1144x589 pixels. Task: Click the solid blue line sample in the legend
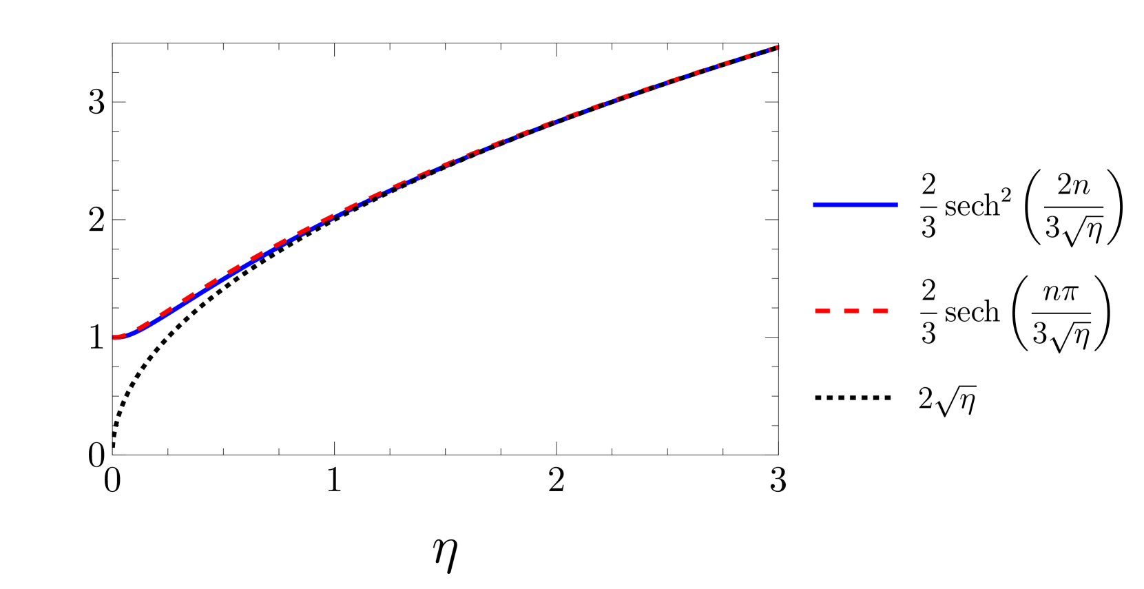coord(855,205)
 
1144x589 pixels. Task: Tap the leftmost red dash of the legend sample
coord(822,311)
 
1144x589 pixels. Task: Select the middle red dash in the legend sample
coord(851,311)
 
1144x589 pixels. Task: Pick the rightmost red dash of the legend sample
coord(880,311)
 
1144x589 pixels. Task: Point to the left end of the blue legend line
coord(815,205)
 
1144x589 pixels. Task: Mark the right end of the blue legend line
coord(896,205)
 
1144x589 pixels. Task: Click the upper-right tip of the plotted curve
coord(776,47)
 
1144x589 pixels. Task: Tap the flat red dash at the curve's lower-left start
coord(118,337)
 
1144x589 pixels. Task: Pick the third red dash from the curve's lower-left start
coord(166,311)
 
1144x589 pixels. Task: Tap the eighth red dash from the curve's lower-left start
coord(280,243)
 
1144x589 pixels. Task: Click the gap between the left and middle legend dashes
coord(837,311)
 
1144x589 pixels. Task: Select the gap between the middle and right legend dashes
coord(866,311)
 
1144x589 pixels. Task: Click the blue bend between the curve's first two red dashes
coord(131,334)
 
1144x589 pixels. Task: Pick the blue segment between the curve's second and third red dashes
coord(155,320)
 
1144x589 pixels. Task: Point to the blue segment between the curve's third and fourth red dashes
coord(178,306)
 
